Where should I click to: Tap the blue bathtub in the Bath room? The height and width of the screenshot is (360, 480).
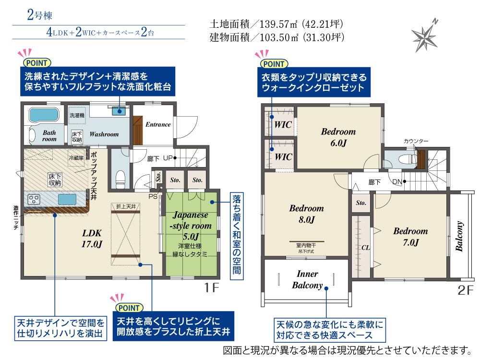44,115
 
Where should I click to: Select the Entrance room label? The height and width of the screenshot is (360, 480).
158,124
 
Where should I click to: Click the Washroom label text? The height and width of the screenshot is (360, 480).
104,134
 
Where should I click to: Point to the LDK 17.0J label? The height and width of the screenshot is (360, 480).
92,239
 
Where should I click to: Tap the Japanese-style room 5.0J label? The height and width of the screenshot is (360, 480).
191,226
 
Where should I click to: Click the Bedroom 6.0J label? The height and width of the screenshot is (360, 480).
338,137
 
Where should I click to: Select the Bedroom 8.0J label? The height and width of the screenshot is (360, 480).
306,214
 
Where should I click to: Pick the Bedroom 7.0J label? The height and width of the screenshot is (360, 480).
410,237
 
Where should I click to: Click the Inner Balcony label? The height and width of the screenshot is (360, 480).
307,279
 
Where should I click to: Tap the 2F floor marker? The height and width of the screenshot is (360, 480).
465,290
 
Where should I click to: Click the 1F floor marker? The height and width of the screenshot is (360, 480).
212,288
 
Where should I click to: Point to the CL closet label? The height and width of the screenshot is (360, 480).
365,248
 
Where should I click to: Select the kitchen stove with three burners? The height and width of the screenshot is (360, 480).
34,200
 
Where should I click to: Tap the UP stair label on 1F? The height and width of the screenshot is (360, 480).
168,158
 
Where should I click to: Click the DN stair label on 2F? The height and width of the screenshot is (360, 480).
397,182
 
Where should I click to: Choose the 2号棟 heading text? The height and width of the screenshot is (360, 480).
39,15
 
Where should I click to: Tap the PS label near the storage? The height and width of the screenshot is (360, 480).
153,196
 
